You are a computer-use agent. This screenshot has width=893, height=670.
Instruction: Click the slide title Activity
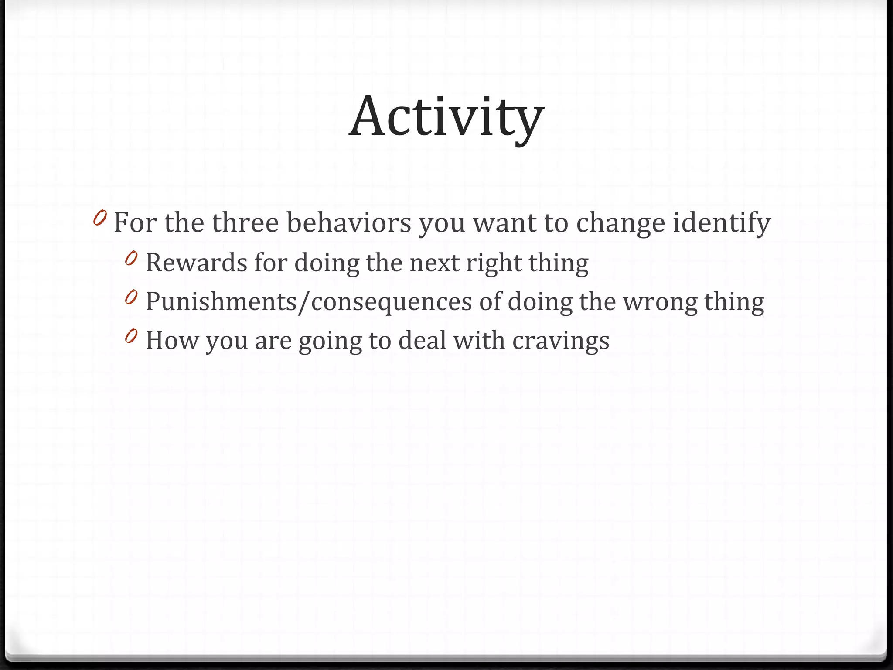tap(446, 117)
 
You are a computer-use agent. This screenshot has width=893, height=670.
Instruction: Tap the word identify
tap(722, 223)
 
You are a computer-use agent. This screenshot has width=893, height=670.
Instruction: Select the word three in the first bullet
tap(245, 222)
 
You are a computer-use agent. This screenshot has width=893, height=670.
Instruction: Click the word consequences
tap(391, 302)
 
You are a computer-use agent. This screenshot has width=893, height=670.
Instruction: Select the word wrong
tap(660, 302)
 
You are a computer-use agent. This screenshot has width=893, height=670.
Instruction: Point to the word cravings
tap(561, 341)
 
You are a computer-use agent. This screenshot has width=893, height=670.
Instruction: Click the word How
tap(171, 340)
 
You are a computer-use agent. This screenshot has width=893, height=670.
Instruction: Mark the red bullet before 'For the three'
tap(100, 218)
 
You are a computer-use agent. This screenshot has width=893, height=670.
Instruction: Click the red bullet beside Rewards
tap(131, 259)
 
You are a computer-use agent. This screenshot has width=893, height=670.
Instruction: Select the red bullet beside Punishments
tap(131, 298)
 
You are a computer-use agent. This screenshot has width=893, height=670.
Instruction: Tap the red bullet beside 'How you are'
tap(131, 336)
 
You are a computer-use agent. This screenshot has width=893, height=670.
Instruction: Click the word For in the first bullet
tap(135, 222)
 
